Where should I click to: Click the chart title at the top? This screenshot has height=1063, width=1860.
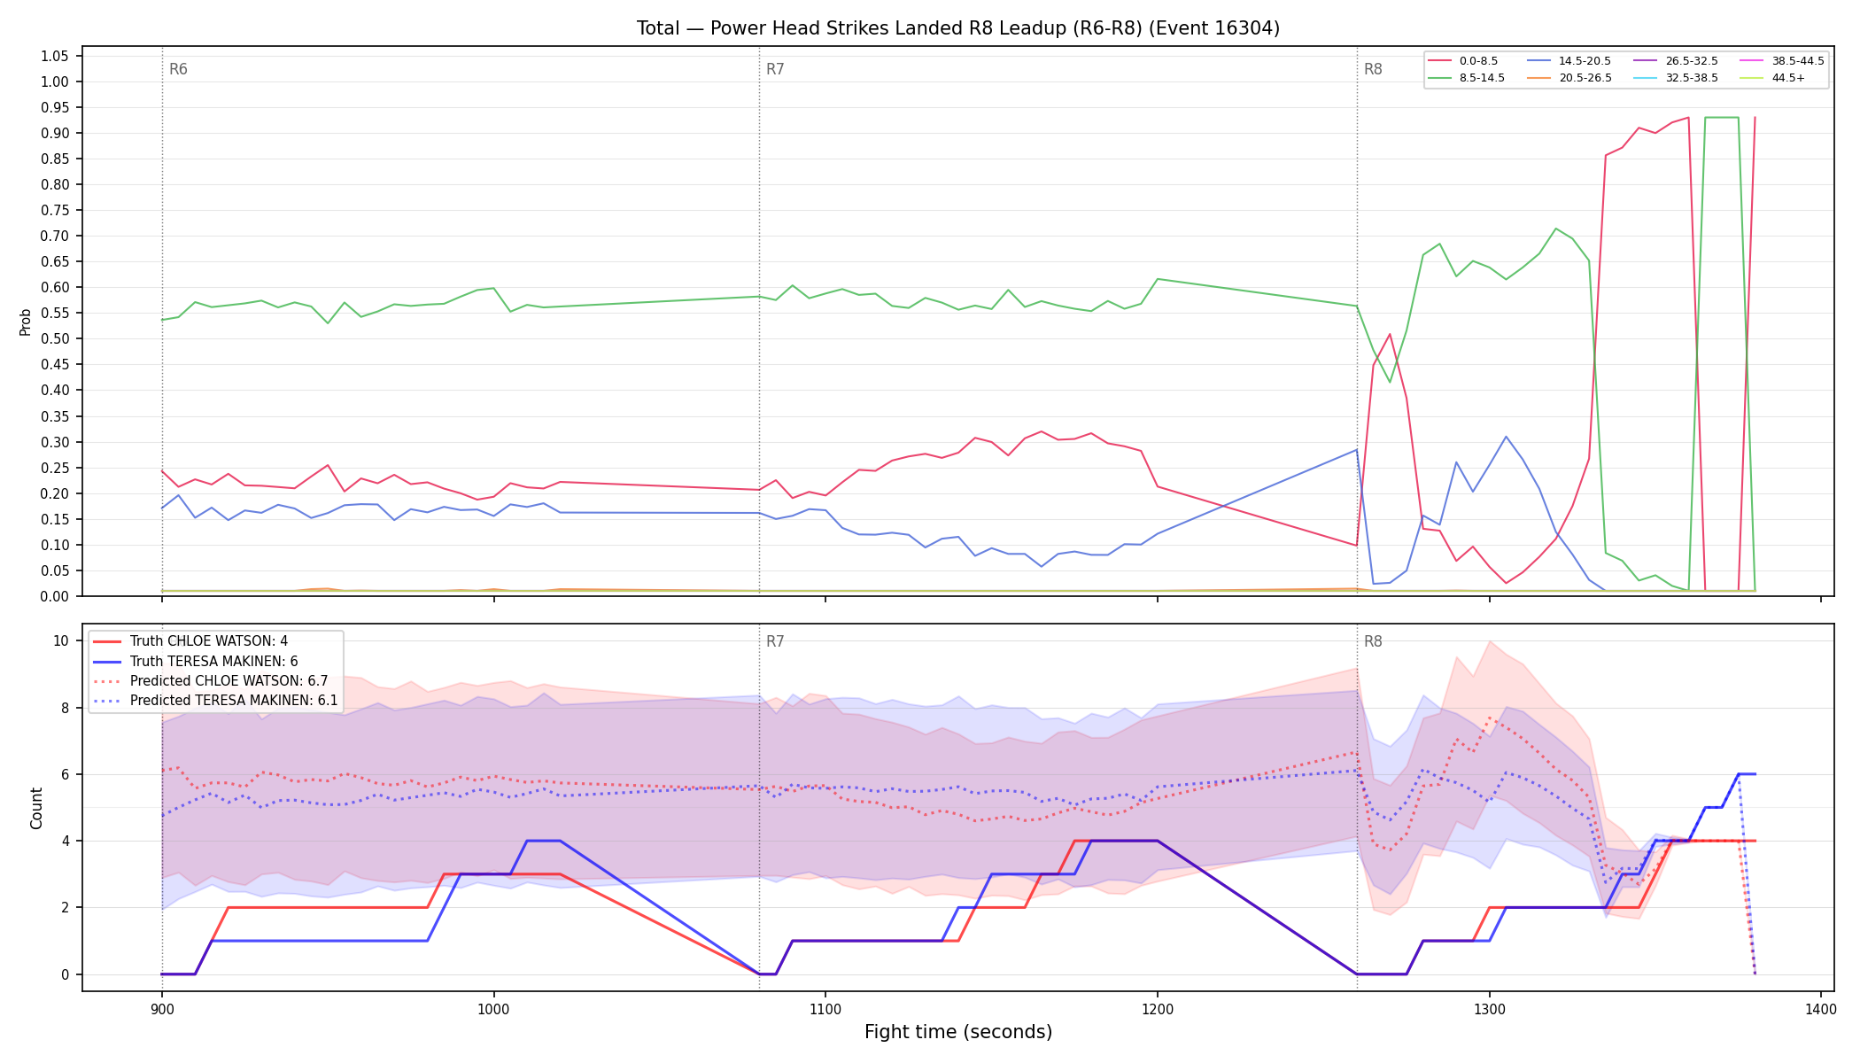point(957,28)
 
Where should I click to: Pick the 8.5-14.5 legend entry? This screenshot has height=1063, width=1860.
point(1466,78)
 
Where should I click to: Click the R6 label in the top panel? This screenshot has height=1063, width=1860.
point(178,69)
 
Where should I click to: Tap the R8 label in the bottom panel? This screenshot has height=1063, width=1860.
point(1373,641)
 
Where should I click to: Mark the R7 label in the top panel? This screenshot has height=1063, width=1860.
point(775,69)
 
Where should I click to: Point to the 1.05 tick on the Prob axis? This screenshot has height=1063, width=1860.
point(55,56)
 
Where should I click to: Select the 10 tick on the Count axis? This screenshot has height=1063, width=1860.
point(61,640)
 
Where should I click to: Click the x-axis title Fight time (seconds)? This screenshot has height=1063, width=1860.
point(958,1032)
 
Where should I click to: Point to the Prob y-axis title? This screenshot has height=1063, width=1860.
point(26,322)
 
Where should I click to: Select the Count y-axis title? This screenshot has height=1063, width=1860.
point(36,808)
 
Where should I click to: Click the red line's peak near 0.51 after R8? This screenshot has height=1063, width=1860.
point(1390,334)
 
